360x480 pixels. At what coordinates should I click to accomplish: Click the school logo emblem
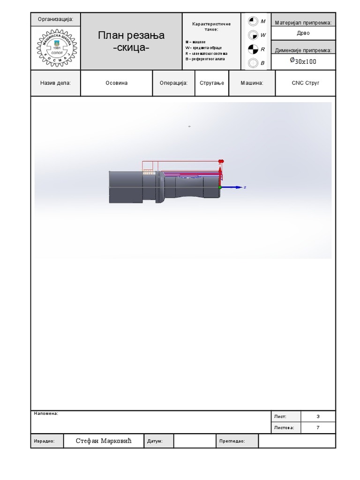pos(56,48)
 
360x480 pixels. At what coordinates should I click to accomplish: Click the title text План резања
pos(131,36)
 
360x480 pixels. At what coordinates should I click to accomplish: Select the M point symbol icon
pos(253,21)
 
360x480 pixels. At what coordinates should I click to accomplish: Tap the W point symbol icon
pos(253,35)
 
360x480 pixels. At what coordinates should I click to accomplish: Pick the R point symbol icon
pos(253,49)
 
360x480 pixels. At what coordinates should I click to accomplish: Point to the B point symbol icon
pos(253,62)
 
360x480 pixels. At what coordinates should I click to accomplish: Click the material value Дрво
pos(303,33)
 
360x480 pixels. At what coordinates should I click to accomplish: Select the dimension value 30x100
pos(303,61)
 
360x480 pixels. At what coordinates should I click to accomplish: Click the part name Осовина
pos(116,83)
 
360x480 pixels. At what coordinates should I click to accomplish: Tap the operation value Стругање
pos(212,83)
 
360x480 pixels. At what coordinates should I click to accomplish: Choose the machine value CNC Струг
pos(305,83)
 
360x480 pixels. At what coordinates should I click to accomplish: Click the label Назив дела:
pos(56,83)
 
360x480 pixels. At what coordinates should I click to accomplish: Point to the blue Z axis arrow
pos(234,187)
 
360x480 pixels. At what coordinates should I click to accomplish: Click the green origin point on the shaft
pos(220,187)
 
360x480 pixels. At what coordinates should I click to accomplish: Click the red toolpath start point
pos(221,161)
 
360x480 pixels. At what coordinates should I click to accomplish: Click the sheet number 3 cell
pos(318,416)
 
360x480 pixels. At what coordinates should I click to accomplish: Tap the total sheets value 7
pos(318,427)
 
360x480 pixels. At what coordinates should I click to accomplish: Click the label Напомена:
pos(46,413)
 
